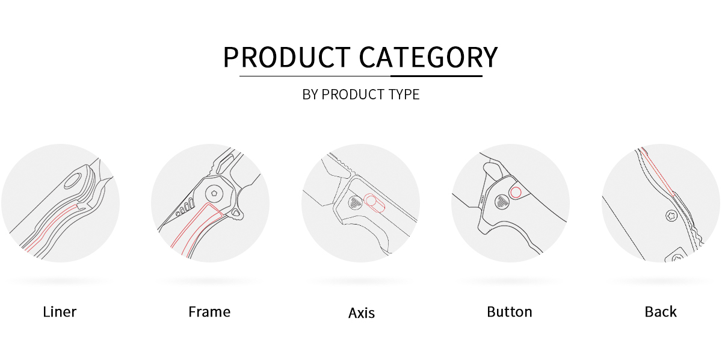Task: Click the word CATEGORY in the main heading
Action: click(428, 57)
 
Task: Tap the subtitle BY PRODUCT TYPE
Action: click(360, 95)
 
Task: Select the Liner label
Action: click(60, 312)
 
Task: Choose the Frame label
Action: click(209, 312)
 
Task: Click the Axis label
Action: click(362, 313)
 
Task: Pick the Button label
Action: click(510, 312)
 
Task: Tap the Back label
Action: click(661, 312)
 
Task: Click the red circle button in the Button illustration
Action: click(516, 193)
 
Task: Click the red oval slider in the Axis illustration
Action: click(374, 203)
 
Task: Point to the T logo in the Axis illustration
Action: click(356, 203)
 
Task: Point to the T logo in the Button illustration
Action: click(502, 202)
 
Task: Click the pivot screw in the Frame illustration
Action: click(215, 194)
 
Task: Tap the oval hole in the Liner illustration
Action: click(73, 181)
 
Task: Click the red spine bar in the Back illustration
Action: click(657, 172)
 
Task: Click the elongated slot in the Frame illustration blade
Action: click(226, 164)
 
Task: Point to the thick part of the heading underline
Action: click(436, 76)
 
